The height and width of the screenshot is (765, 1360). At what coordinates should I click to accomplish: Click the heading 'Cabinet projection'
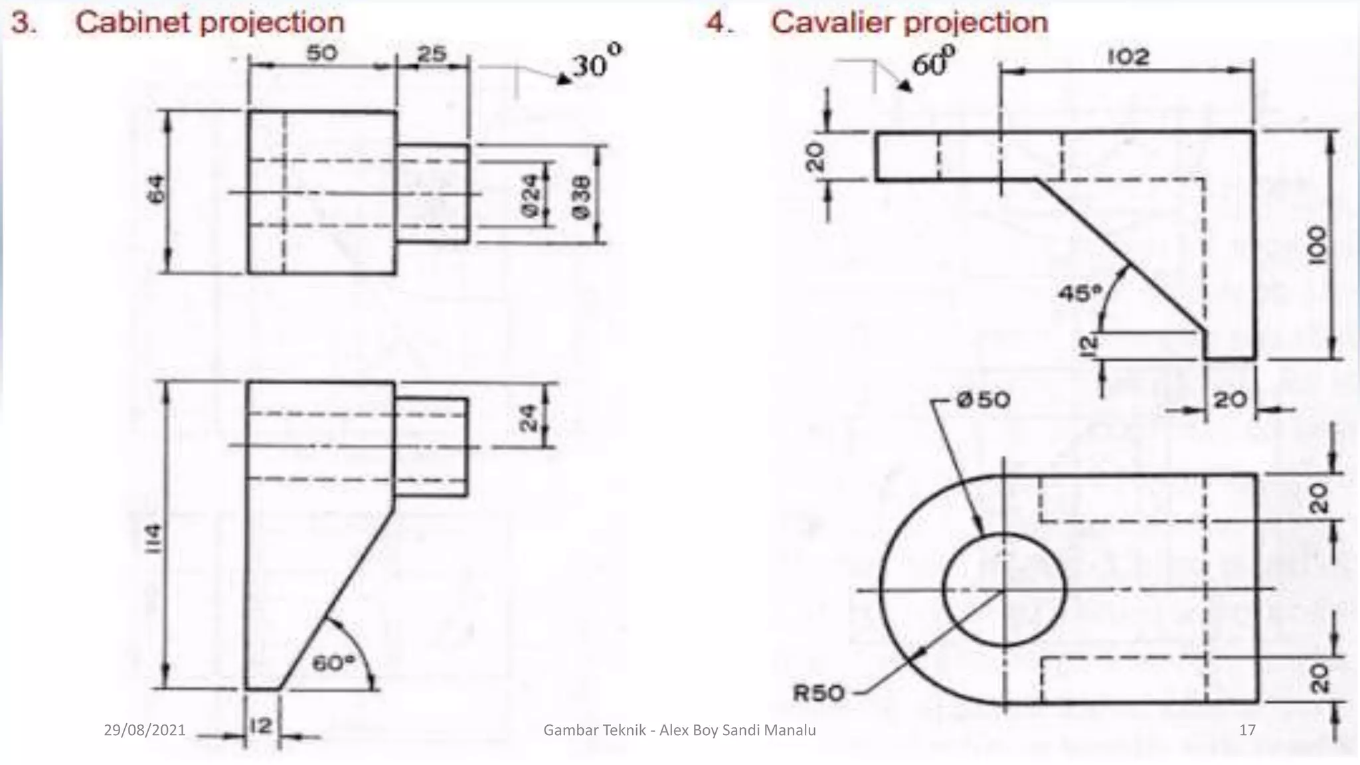210,23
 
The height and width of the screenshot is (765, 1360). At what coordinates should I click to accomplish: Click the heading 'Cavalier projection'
908,23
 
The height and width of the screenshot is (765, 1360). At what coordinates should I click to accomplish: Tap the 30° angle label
597,64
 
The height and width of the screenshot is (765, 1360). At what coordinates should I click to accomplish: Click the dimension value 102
1128,57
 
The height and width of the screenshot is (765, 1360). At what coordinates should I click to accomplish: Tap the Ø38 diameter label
580,195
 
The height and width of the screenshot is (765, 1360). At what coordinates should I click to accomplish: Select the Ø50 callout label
983,400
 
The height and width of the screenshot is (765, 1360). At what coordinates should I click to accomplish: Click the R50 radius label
818,693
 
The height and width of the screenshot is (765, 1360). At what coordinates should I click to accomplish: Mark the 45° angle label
1079,293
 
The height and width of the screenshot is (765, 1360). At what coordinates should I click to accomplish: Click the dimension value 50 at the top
321,53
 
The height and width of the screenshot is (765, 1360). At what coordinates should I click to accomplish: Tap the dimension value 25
432,53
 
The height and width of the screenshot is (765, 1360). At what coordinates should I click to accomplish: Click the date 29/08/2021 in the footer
145,730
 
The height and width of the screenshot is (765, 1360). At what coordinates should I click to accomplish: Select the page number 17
1247,730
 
